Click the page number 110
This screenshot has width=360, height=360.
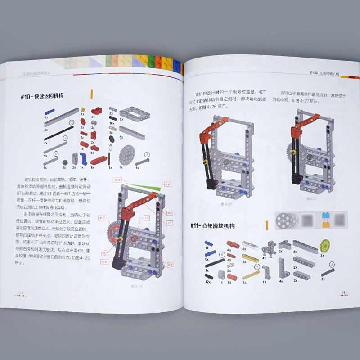[x=21, y=293]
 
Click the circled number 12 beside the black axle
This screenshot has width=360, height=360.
[x=71, y=122]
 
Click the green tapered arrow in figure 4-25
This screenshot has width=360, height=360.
[x=148, y=184]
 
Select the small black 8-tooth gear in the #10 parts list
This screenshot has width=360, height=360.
[x=65, y=162]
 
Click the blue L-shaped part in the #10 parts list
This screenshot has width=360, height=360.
[x=84, y=157]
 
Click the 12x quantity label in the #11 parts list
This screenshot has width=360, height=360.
[x=208, y=282]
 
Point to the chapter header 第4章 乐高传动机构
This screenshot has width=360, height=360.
[x=324, y=73]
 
